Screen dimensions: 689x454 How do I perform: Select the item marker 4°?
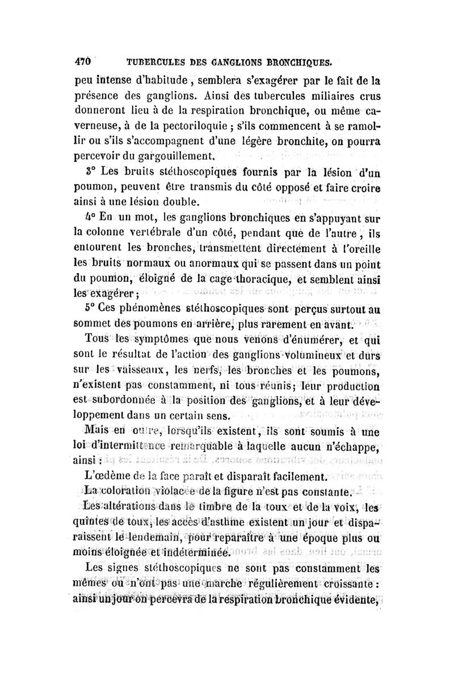[83, 217]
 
